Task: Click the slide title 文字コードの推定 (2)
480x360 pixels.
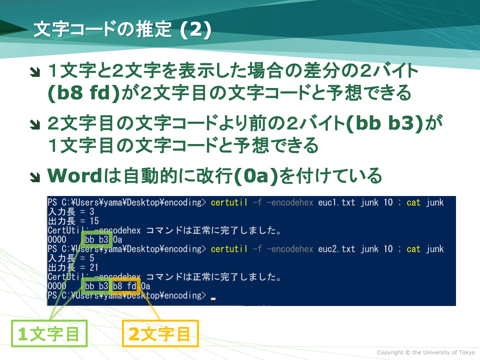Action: coord(122,29)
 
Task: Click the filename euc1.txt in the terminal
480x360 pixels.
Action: coord(337,202)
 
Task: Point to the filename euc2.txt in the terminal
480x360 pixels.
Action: coord(337,249)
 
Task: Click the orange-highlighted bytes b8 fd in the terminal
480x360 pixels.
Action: coord(125,286)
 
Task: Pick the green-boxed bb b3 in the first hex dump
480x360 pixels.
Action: coord(96,240)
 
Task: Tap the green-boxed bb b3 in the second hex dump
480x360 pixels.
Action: coord(96,286)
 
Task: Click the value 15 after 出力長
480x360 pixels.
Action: coord(94,221)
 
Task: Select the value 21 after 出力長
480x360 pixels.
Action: coord(94,268)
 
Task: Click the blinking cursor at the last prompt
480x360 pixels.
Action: coord(213,299)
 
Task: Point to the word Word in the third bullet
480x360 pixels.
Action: coord(75,176)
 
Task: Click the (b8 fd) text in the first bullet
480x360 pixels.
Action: coord(84,93)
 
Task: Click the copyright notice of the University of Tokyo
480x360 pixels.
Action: coord(426,352)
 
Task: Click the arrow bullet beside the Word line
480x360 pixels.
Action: coord(35,177)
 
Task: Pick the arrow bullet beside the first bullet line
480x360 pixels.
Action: coord(35,72)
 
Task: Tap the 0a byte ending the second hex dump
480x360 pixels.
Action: coord(145,286)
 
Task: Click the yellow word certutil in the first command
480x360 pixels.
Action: coord(229,202)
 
